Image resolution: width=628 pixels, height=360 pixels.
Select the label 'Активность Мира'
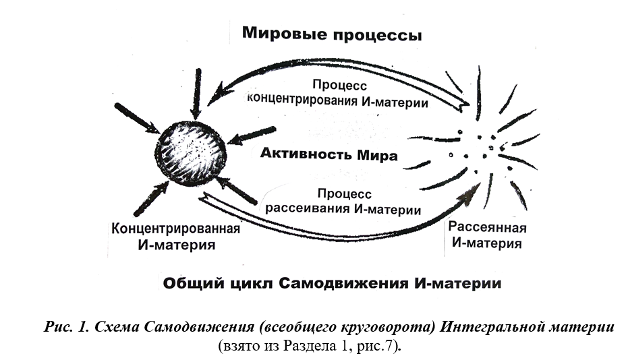(x=329, y=155)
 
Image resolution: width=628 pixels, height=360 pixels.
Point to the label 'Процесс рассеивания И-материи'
(x=343, y=201)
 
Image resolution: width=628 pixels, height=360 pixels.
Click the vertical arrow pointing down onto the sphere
(x=196, y=94)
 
